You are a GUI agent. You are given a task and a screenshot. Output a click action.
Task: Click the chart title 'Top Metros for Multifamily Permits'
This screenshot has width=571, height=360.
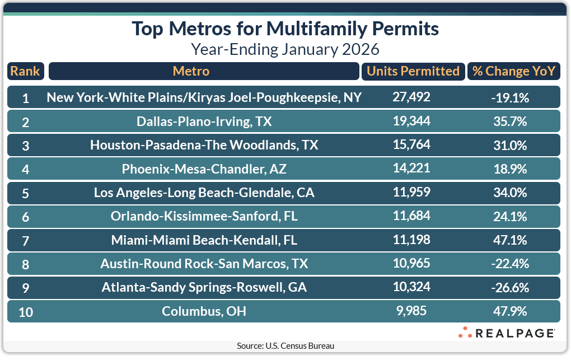tap(285, 29)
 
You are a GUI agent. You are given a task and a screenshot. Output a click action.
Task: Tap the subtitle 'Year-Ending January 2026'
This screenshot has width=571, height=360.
tap(285, 49)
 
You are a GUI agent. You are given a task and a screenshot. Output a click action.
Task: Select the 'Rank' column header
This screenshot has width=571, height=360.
tap(25, 71)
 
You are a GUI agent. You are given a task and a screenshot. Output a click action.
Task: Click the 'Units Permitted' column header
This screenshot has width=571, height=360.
tap(412, 71)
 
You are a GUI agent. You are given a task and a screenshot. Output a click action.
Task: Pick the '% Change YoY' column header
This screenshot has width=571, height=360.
tap(513, 71)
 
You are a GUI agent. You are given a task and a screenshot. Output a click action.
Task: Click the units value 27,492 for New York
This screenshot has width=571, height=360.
tap(411, 97)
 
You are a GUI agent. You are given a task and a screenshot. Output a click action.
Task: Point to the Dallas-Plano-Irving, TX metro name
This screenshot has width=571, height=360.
tap(204, 121)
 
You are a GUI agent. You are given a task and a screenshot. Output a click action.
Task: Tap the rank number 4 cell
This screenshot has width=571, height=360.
tap(26, 169)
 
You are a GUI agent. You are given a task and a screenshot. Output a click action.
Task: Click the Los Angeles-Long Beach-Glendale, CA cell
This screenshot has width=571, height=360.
tap(204, 193)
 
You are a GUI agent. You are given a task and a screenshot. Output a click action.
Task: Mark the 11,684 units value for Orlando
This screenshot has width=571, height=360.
tap(411, 216)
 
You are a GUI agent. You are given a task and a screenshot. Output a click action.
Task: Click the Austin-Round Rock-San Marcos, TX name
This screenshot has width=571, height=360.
tap(204, 264)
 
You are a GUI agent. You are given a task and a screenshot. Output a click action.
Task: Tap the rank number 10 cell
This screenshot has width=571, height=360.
tap(26, 311)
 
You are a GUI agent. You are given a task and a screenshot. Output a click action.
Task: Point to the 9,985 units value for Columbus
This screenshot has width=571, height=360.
tap(411, 311)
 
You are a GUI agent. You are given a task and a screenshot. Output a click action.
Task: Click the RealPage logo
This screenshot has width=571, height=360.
tap(506, 333)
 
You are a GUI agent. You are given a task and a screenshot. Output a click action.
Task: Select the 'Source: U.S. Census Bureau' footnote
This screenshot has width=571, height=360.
tap(285, 346)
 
